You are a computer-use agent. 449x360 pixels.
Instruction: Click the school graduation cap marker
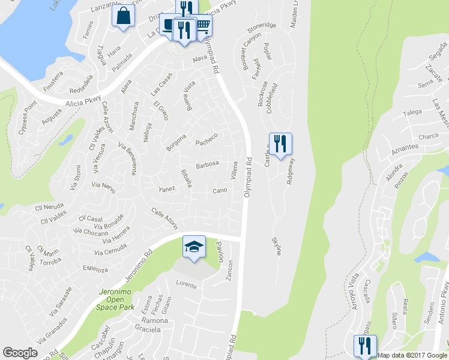tap(194, 248)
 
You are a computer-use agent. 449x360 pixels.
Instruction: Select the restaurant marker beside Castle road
tap(280, 144)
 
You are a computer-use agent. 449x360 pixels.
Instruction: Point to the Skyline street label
tap(277, 246)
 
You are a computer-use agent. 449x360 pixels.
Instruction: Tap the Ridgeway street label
tap(291, 170)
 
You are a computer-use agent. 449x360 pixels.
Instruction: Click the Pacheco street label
tap(206, 142)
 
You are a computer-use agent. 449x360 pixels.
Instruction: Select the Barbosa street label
tap(207, 164)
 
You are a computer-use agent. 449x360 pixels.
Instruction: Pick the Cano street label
tap(219, 191)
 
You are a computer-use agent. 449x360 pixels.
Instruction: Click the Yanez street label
tap(166, 189)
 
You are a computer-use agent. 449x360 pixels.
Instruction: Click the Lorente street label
tap(186, 285)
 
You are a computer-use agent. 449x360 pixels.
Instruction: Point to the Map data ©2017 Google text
tap(413, 355)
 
